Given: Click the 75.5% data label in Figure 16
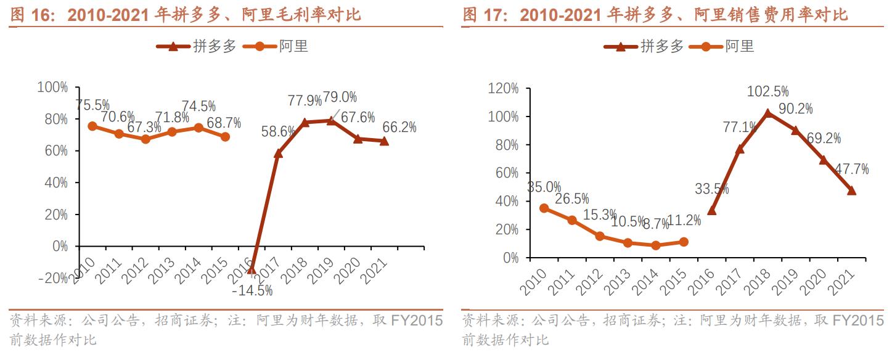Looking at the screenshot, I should pos(92,105).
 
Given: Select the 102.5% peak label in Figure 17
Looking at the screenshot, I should pos(767,92).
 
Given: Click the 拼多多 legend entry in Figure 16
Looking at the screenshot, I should pos(197,46).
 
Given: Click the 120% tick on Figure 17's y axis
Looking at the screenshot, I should pos(503,89).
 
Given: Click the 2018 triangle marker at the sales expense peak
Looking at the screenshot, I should pos(767,113).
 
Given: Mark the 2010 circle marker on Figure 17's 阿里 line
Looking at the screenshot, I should pos(544,208).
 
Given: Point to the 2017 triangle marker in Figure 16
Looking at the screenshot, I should pos(278,153).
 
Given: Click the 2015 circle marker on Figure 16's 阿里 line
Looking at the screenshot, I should pos(225,137).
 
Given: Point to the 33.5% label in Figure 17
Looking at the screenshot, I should pos(711,189).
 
